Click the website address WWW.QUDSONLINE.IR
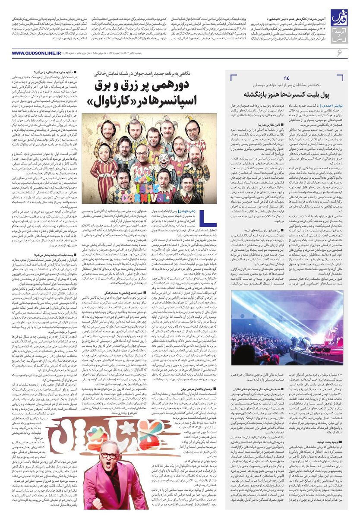[x=37, y=53]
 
